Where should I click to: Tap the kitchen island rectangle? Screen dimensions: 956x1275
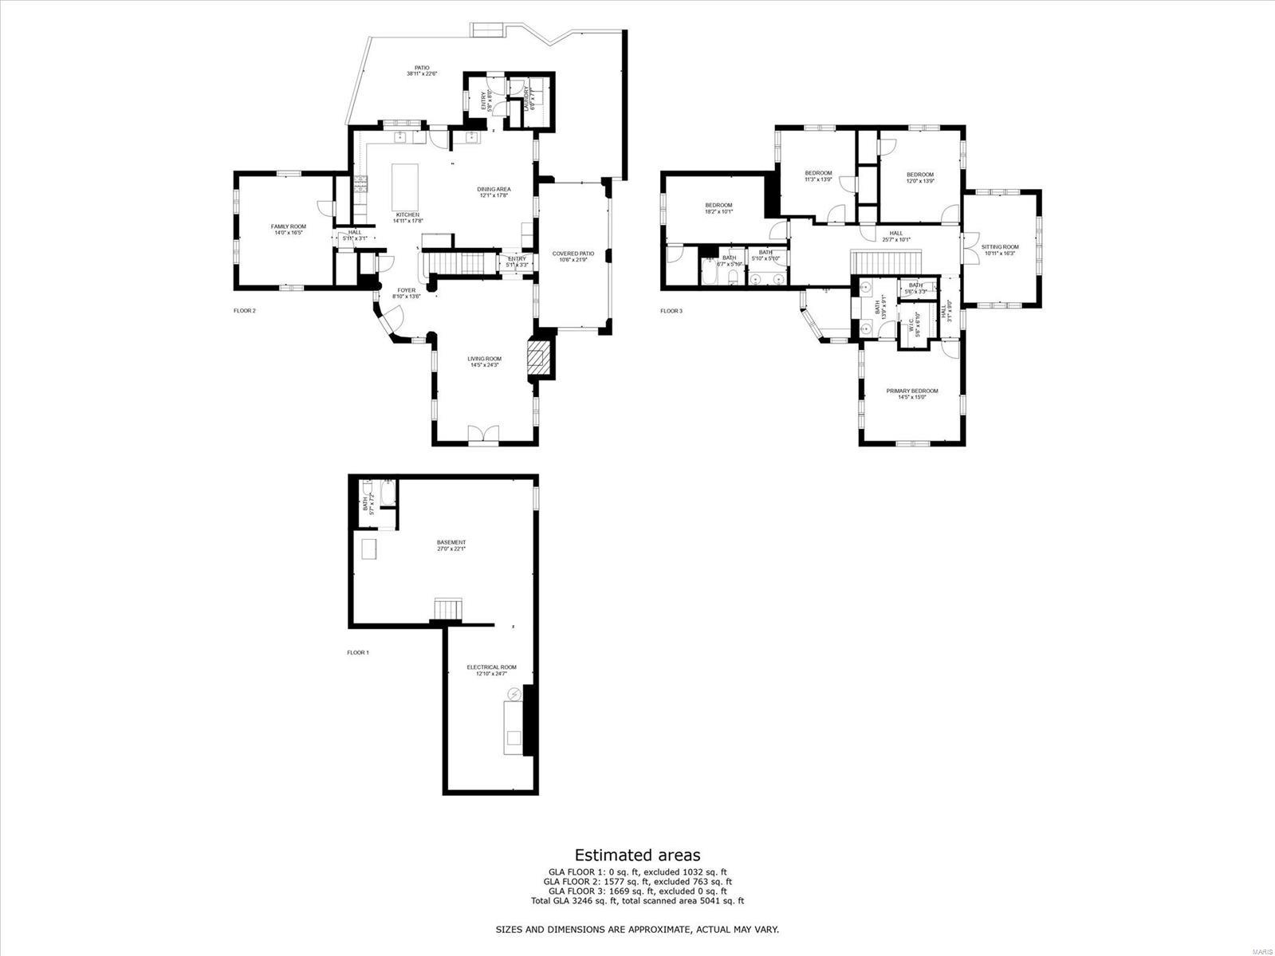click(x=405, y=186)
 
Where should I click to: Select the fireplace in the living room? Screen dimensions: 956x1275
click(x=540, y=357)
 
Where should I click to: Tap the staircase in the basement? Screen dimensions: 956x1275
click(x=447, y=609)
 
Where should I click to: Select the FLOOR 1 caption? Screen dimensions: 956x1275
click(x=357, y=652)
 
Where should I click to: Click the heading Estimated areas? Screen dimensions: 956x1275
click(x=637, y=856)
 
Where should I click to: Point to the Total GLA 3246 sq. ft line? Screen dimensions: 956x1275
click(x=637, y=901)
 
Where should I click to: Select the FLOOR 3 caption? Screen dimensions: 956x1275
click(x=671, y=311)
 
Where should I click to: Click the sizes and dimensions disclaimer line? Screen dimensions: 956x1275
click(x=637, y=929)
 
